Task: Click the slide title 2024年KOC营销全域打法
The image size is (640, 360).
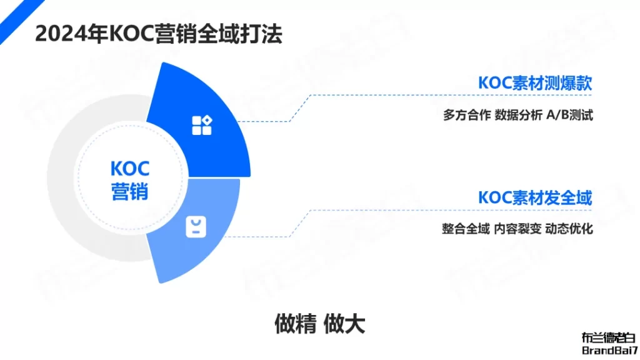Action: [x=158, y=34]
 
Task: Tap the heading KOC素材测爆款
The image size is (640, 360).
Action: [x=535, y=83]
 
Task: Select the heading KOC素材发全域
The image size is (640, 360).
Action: [x=535, y=198]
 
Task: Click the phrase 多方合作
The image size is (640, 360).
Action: [x=467, y=115]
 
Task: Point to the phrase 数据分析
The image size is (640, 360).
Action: [x=518, y=115]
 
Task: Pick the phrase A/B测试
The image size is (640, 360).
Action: [x=569, y=115]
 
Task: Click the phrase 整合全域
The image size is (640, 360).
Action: [x=466, y=229]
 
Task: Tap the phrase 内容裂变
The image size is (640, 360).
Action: [x=517, y=229]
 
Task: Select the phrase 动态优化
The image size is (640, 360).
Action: [x=569, y=229]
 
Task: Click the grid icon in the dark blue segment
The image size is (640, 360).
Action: [x=202, y=125]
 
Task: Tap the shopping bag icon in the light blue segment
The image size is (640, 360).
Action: [x=196, y=227]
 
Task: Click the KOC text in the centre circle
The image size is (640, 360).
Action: [x=130, y=169]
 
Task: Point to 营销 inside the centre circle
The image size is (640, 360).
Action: [x=130, y=191]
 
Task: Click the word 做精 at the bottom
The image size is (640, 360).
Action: [x=295, y=324]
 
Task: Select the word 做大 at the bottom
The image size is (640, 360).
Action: [x=344, y=324]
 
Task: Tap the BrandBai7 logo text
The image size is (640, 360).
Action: [x=610, y=350]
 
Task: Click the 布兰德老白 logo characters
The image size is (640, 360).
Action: [x=609, y=338]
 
